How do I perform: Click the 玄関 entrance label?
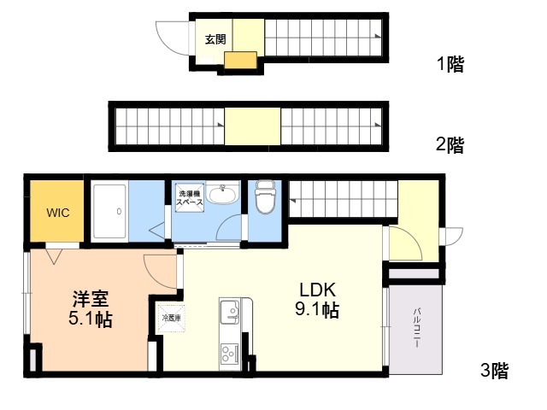click(214, 38)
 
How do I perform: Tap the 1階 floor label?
click(450, 65)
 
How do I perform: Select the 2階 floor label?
click(450, 144)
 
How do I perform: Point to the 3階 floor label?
click(494, 371)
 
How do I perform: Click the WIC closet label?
click(58, 213)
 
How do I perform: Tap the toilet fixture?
click(266, 198)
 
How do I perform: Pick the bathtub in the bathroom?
click(117, 211)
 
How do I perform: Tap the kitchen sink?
click(231, 313)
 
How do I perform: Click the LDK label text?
click(316, 289)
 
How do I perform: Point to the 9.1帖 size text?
click(317, 310)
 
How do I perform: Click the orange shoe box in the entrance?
click(240, 60)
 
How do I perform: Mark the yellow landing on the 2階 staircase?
click(252, 126)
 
